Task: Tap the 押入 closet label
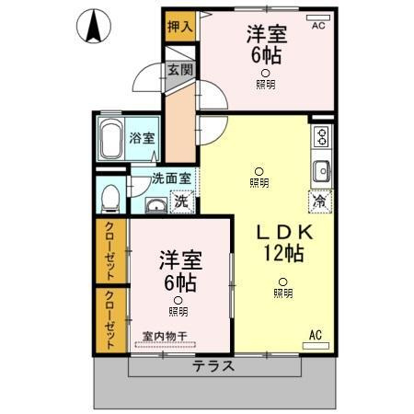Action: [179, 26]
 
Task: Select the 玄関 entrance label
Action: [179, 70]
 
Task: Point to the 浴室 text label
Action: [141, 138]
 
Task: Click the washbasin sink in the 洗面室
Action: [155, 203]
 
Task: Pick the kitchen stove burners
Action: [322, 137]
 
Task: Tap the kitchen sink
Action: [322, 171]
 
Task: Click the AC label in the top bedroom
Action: [317, 26]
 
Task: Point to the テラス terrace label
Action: [213, 365]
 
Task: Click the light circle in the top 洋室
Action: [265, 73]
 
